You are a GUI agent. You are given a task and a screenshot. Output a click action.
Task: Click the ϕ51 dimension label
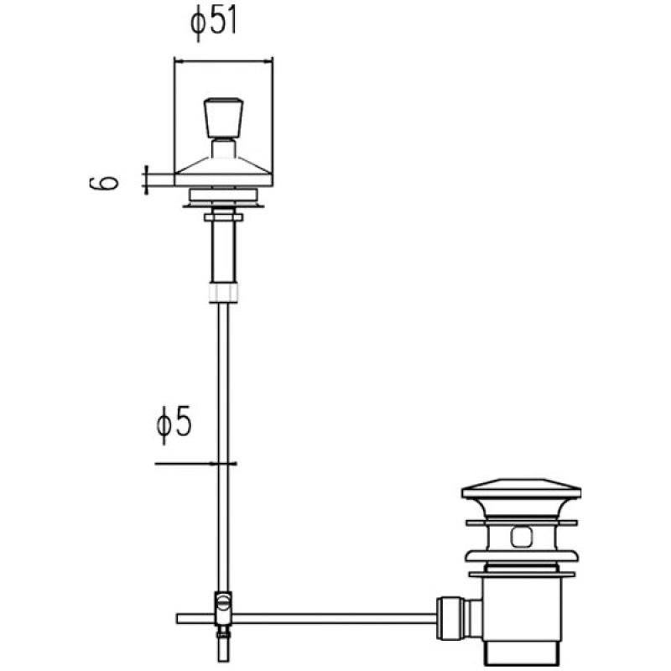(x=214, y=23)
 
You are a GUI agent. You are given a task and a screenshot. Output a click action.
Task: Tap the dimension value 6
(x=104, y=182)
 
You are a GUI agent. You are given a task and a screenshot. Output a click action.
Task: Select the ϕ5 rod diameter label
(x=174, y=424)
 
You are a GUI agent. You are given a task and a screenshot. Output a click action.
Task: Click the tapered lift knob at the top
(x=223, y=117)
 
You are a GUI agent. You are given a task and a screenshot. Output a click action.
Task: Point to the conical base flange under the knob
(x=223, y=172)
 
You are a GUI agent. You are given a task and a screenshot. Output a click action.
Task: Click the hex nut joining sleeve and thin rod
(x=223, y=292)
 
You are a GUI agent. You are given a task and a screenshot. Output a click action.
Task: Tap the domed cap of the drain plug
(x=521, y=489)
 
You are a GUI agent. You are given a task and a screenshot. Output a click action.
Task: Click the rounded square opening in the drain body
(x=522, y=537)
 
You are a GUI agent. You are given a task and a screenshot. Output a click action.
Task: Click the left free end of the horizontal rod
(x=178, y=618)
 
